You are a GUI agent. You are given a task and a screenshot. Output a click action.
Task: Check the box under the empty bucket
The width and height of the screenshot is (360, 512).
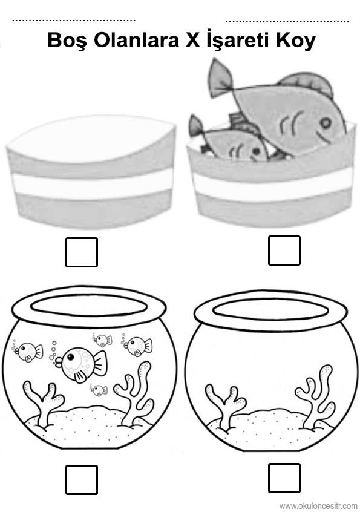pos(82,252)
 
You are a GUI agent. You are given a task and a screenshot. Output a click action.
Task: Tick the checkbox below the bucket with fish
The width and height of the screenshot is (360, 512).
pos(284,250)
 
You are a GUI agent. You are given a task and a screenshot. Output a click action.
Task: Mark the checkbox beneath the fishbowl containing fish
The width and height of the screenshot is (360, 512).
pos(82,480)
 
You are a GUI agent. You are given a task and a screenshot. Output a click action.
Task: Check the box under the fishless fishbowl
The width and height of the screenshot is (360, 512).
pos(284,478)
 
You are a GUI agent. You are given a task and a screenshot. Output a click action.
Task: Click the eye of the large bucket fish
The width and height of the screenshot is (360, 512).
pos(325,122)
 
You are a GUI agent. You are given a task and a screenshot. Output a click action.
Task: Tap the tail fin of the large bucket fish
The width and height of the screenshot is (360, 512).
pos(220,76)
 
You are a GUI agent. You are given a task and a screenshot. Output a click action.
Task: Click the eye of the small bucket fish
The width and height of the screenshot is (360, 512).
pos(256,151)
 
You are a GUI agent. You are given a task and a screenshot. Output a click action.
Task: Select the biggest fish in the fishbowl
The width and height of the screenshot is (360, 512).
pos(80,363)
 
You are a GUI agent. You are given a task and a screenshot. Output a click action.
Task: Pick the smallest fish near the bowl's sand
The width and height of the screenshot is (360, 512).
pos(99,390)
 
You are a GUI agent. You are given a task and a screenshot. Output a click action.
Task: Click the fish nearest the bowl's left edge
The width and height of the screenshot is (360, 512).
pos(28,352)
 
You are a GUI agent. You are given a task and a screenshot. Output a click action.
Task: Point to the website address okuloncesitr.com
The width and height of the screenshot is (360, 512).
pos(318,506)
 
